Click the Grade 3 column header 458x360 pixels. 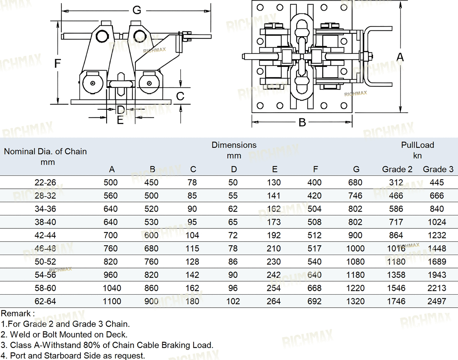(x=438, y=169)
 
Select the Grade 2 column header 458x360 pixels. (x=397, y=169)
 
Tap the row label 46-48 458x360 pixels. (x=45, y=249)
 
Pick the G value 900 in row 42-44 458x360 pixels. (x=355, y=236)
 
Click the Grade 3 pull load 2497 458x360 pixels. (x=437, y=301)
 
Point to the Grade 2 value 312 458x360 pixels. (x=396, y=182)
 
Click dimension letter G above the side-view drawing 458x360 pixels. (x=136, y=10)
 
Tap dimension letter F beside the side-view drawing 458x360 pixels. (x=57, y=64)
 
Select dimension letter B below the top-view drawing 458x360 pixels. (x=302, y=122)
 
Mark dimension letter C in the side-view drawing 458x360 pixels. (x=180, y=96)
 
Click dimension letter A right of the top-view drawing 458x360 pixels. (x=400, y=57)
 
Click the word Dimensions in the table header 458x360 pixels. (x=234, y=145)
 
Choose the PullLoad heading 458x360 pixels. (x=418, y=145)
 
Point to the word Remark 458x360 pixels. (x=17, y=313)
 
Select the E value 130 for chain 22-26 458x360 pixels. (x=274, y=182)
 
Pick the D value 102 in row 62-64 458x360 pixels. (x=233, y=301)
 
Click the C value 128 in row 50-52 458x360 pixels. (x=192, y=262)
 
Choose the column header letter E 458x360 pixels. (x=274, y=169)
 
